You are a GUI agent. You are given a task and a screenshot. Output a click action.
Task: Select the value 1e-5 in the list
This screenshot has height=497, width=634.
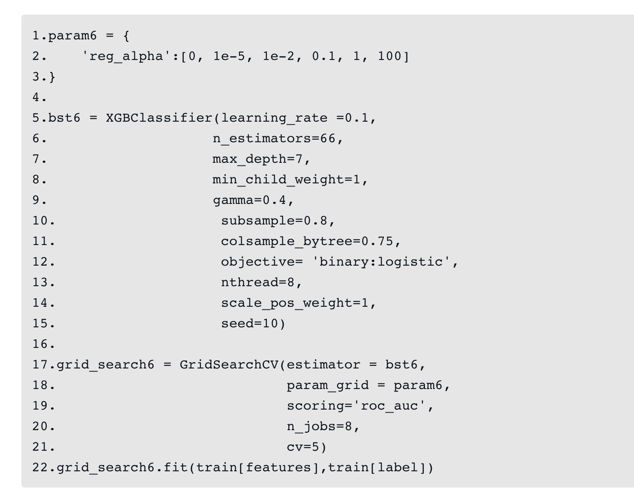coord(229,56)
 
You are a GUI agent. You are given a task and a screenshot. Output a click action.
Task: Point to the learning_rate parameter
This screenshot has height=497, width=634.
coord(274,118)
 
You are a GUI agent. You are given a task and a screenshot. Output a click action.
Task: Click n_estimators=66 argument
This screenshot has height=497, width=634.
coord(274,138)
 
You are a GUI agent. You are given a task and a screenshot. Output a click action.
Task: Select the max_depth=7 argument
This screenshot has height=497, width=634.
coord(257,159)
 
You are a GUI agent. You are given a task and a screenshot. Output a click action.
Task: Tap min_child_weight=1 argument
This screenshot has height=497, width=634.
coord(287,180)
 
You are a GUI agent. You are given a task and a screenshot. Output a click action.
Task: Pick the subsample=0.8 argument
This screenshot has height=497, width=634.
coord(274,221)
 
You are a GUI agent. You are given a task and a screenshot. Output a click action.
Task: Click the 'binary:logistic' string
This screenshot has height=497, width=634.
coord(381,262)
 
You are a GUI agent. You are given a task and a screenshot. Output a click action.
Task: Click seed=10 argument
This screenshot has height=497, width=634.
coord(249,323)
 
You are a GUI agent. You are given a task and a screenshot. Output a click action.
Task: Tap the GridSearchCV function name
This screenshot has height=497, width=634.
coord(229,365)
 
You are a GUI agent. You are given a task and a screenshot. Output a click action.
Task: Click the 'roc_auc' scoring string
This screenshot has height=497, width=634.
coord(389,406)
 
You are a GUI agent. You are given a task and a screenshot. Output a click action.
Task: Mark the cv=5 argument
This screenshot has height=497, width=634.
coord(303,447)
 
